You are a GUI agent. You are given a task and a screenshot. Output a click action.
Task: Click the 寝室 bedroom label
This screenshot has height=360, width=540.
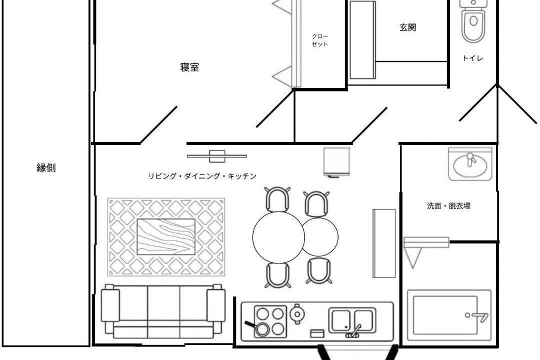(x=189, y=67)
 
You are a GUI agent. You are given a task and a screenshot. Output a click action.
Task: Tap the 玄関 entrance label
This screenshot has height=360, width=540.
(x=408, y=27)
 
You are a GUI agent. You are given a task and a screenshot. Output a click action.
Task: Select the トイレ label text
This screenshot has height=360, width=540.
(x=472, y=58)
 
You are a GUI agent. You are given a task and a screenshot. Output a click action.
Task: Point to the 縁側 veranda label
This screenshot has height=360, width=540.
(x=46, y=168)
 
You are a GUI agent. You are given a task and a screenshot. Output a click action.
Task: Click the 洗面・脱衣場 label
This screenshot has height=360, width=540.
(x=448, y=206)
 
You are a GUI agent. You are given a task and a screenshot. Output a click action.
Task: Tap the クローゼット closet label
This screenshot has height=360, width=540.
(x=319, y=40)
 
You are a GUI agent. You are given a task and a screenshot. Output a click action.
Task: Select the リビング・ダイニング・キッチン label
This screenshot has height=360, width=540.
(x=202, y=176)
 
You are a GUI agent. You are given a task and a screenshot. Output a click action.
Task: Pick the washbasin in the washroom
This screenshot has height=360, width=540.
(x=470, y=164)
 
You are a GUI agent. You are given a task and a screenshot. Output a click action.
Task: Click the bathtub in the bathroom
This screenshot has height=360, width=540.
(x=449, y=315)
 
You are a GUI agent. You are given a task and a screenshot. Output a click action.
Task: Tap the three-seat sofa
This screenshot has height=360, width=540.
(x=163, y=311)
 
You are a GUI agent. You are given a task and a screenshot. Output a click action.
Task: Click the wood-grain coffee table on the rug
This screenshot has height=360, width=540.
(x=166, y=236)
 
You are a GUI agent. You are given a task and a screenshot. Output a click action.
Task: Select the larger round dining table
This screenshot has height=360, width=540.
(x=278, y=237)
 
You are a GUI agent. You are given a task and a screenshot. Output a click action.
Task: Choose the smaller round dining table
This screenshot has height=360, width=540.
(x=320, y=236)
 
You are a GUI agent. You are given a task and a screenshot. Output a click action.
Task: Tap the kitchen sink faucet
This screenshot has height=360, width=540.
(x=354, y=331)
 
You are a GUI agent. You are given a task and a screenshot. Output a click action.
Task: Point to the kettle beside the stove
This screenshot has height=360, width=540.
(x=296, y=313)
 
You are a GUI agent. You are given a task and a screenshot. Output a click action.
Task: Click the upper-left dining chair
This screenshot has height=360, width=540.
(x=277, y=199)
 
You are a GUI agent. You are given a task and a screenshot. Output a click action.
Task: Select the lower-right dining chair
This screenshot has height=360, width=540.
(x=319, y=271)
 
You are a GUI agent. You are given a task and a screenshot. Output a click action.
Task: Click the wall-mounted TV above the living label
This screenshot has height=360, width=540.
(x=217, y=156)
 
